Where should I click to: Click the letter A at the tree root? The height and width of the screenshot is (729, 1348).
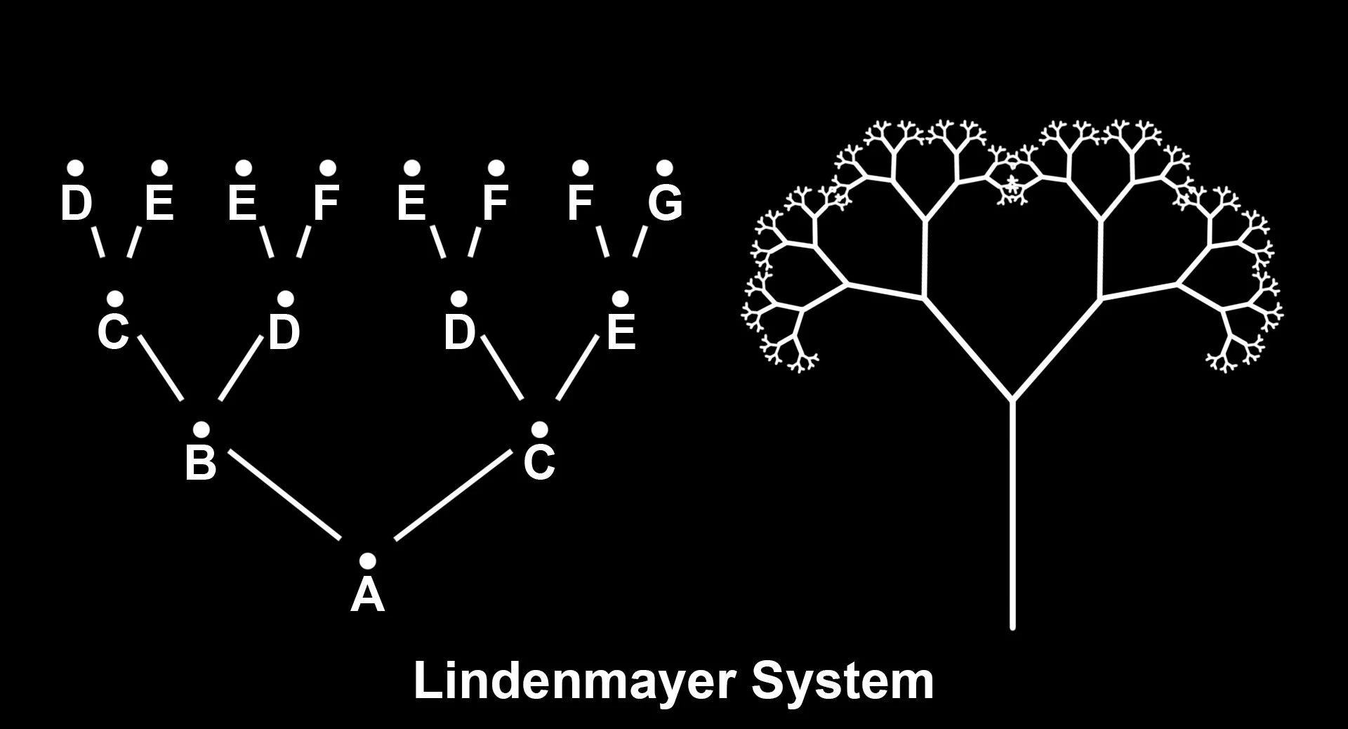tap(367, 595)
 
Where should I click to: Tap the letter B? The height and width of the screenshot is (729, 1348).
tap(200, 464)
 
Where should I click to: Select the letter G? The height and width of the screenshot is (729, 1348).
tap(664, 202)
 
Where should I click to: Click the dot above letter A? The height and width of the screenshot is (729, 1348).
tap(367, 560)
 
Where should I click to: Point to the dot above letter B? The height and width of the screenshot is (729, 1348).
tap(201, 429)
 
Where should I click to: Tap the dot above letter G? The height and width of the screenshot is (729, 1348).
tap(664, 168)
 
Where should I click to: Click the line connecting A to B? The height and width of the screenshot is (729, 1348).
tap(285, 496)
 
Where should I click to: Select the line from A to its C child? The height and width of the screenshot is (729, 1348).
tap(453, 496)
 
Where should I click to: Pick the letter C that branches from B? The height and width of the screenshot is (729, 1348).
tap(113, 332)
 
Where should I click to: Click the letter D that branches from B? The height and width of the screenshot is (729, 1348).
tap(284, 332)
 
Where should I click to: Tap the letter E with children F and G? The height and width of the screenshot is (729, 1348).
tap(620, 332)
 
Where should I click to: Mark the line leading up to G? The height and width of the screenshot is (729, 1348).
tap(639, 242)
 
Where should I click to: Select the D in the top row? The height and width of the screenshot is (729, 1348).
tap(77, 202)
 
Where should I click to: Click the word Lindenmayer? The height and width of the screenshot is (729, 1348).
tap(570, 681)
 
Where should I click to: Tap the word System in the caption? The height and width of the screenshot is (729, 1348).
tap(842, 681)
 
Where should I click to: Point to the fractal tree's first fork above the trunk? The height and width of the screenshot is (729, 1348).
tap(1012, 400)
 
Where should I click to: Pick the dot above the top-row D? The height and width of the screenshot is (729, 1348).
tap(75, 168)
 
